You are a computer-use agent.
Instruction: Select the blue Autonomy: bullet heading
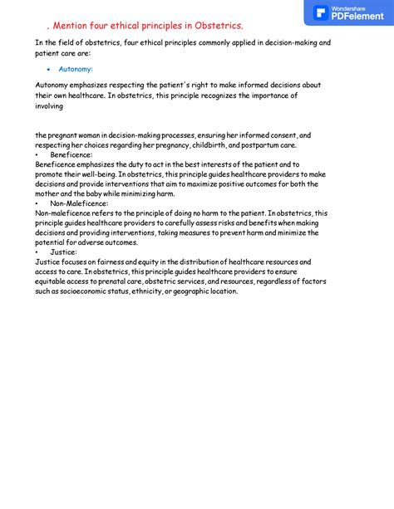(76, 70)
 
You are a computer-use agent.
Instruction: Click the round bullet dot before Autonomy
(50, 70)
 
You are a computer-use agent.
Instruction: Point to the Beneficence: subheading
(71, 155)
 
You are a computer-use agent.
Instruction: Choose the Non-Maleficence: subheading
(79, 203)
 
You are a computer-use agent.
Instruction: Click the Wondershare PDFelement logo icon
(321, 12)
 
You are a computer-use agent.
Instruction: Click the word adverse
(84, 242)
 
